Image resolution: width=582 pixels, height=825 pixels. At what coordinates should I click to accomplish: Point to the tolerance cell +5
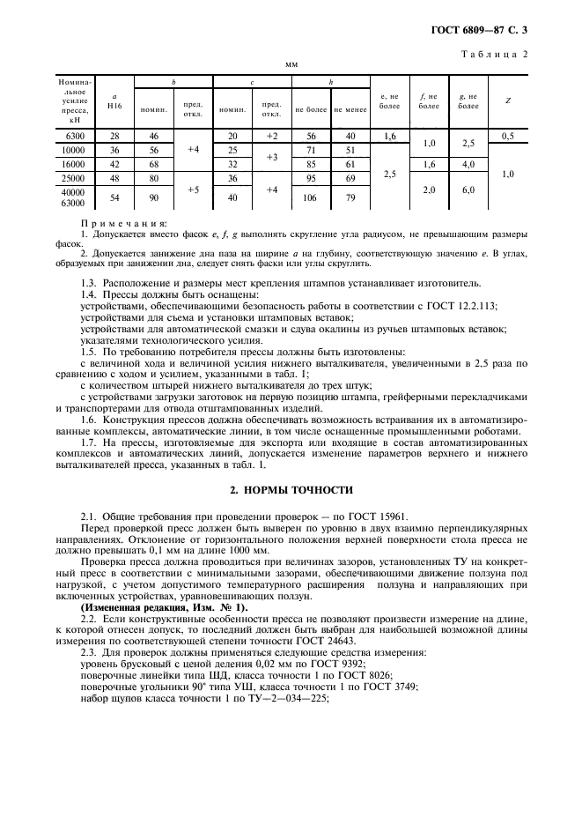193,189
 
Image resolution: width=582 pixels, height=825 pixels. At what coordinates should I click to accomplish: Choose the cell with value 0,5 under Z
507,136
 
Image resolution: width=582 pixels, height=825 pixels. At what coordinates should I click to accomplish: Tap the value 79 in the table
350,197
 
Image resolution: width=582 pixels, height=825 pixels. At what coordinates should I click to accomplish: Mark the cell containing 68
153,165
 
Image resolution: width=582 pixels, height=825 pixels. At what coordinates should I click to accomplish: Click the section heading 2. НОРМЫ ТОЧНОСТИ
291,489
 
